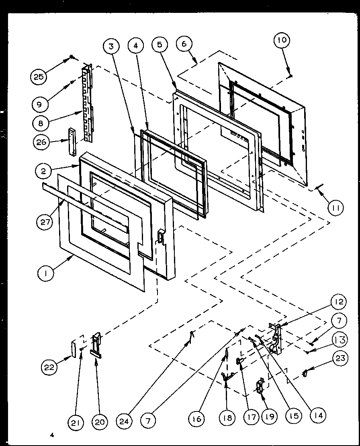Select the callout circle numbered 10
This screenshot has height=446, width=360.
pyautogui.click(x=282, y=41)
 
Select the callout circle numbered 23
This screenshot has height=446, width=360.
pyautogui.click(x=341, y=358)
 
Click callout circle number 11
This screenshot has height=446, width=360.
pyautogui.click(x=335, y=208)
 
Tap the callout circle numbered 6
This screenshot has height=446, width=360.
pyautogui.click(x=184, y=44)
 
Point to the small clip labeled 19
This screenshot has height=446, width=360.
pyautogui.click(x=260, y=386)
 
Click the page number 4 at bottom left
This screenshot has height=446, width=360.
pyautogui.click(x=52, y=435)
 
